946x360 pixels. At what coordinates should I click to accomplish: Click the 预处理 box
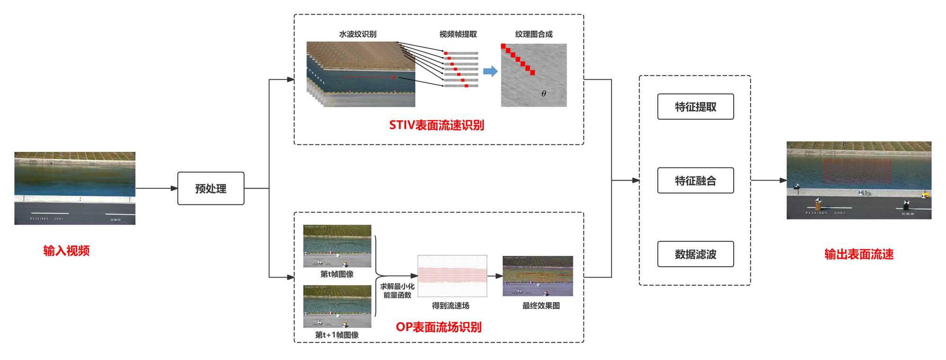click(x=210, y=188)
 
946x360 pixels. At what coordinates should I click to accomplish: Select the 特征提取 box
click(x=695, y=107)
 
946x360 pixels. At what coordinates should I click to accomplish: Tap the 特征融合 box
click(x=695, y=180)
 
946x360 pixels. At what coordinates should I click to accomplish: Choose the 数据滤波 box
click(x=695, y=254)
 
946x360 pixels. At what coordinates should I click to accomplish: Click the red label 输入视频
click(x=66, y=251)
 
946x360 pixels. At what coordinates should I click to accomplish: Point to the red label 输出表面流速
click(x=859, y=255)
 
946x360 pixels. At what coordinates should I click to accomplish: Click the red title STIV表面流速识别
click(x=437, y=125)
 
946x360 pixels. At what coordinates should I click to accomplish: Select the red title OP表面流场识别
click(x=438, y=327)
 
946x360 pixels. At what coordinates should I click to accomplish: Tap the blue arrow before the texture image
click(x=491, y=71)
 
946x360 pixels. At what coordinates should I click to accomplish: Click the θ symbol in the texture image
click(x=543, y=94)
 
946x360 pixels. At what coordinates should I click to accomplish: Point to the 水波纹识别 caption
click(x=358, y=34)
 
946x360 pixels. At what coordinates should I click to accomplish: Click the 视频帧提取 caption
click(x=458, y=34)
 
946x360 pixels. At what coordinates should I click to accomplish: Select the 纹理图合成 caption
click(x=534, y=34)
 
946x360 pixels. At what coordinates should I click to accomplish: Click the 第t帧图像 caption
click(x=337, y=274)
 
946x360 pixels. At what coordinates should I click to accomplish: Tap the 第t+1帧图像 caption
click(x=337, y=335)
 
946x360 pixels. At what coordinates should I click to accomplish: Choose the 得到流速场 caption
click(x=450, y=306)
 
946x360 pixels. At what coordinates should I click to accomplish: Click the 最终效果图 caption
click(x=541, y=306)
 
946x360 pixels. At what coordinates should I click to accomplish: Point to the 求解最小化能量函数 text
click(x=397, y=290)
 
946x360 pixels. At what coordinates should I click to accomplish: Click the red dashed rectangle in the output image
click(x=858, y=171)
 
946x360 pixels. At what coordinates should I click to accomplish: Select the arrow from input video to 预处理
click(x=156, y=188)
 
